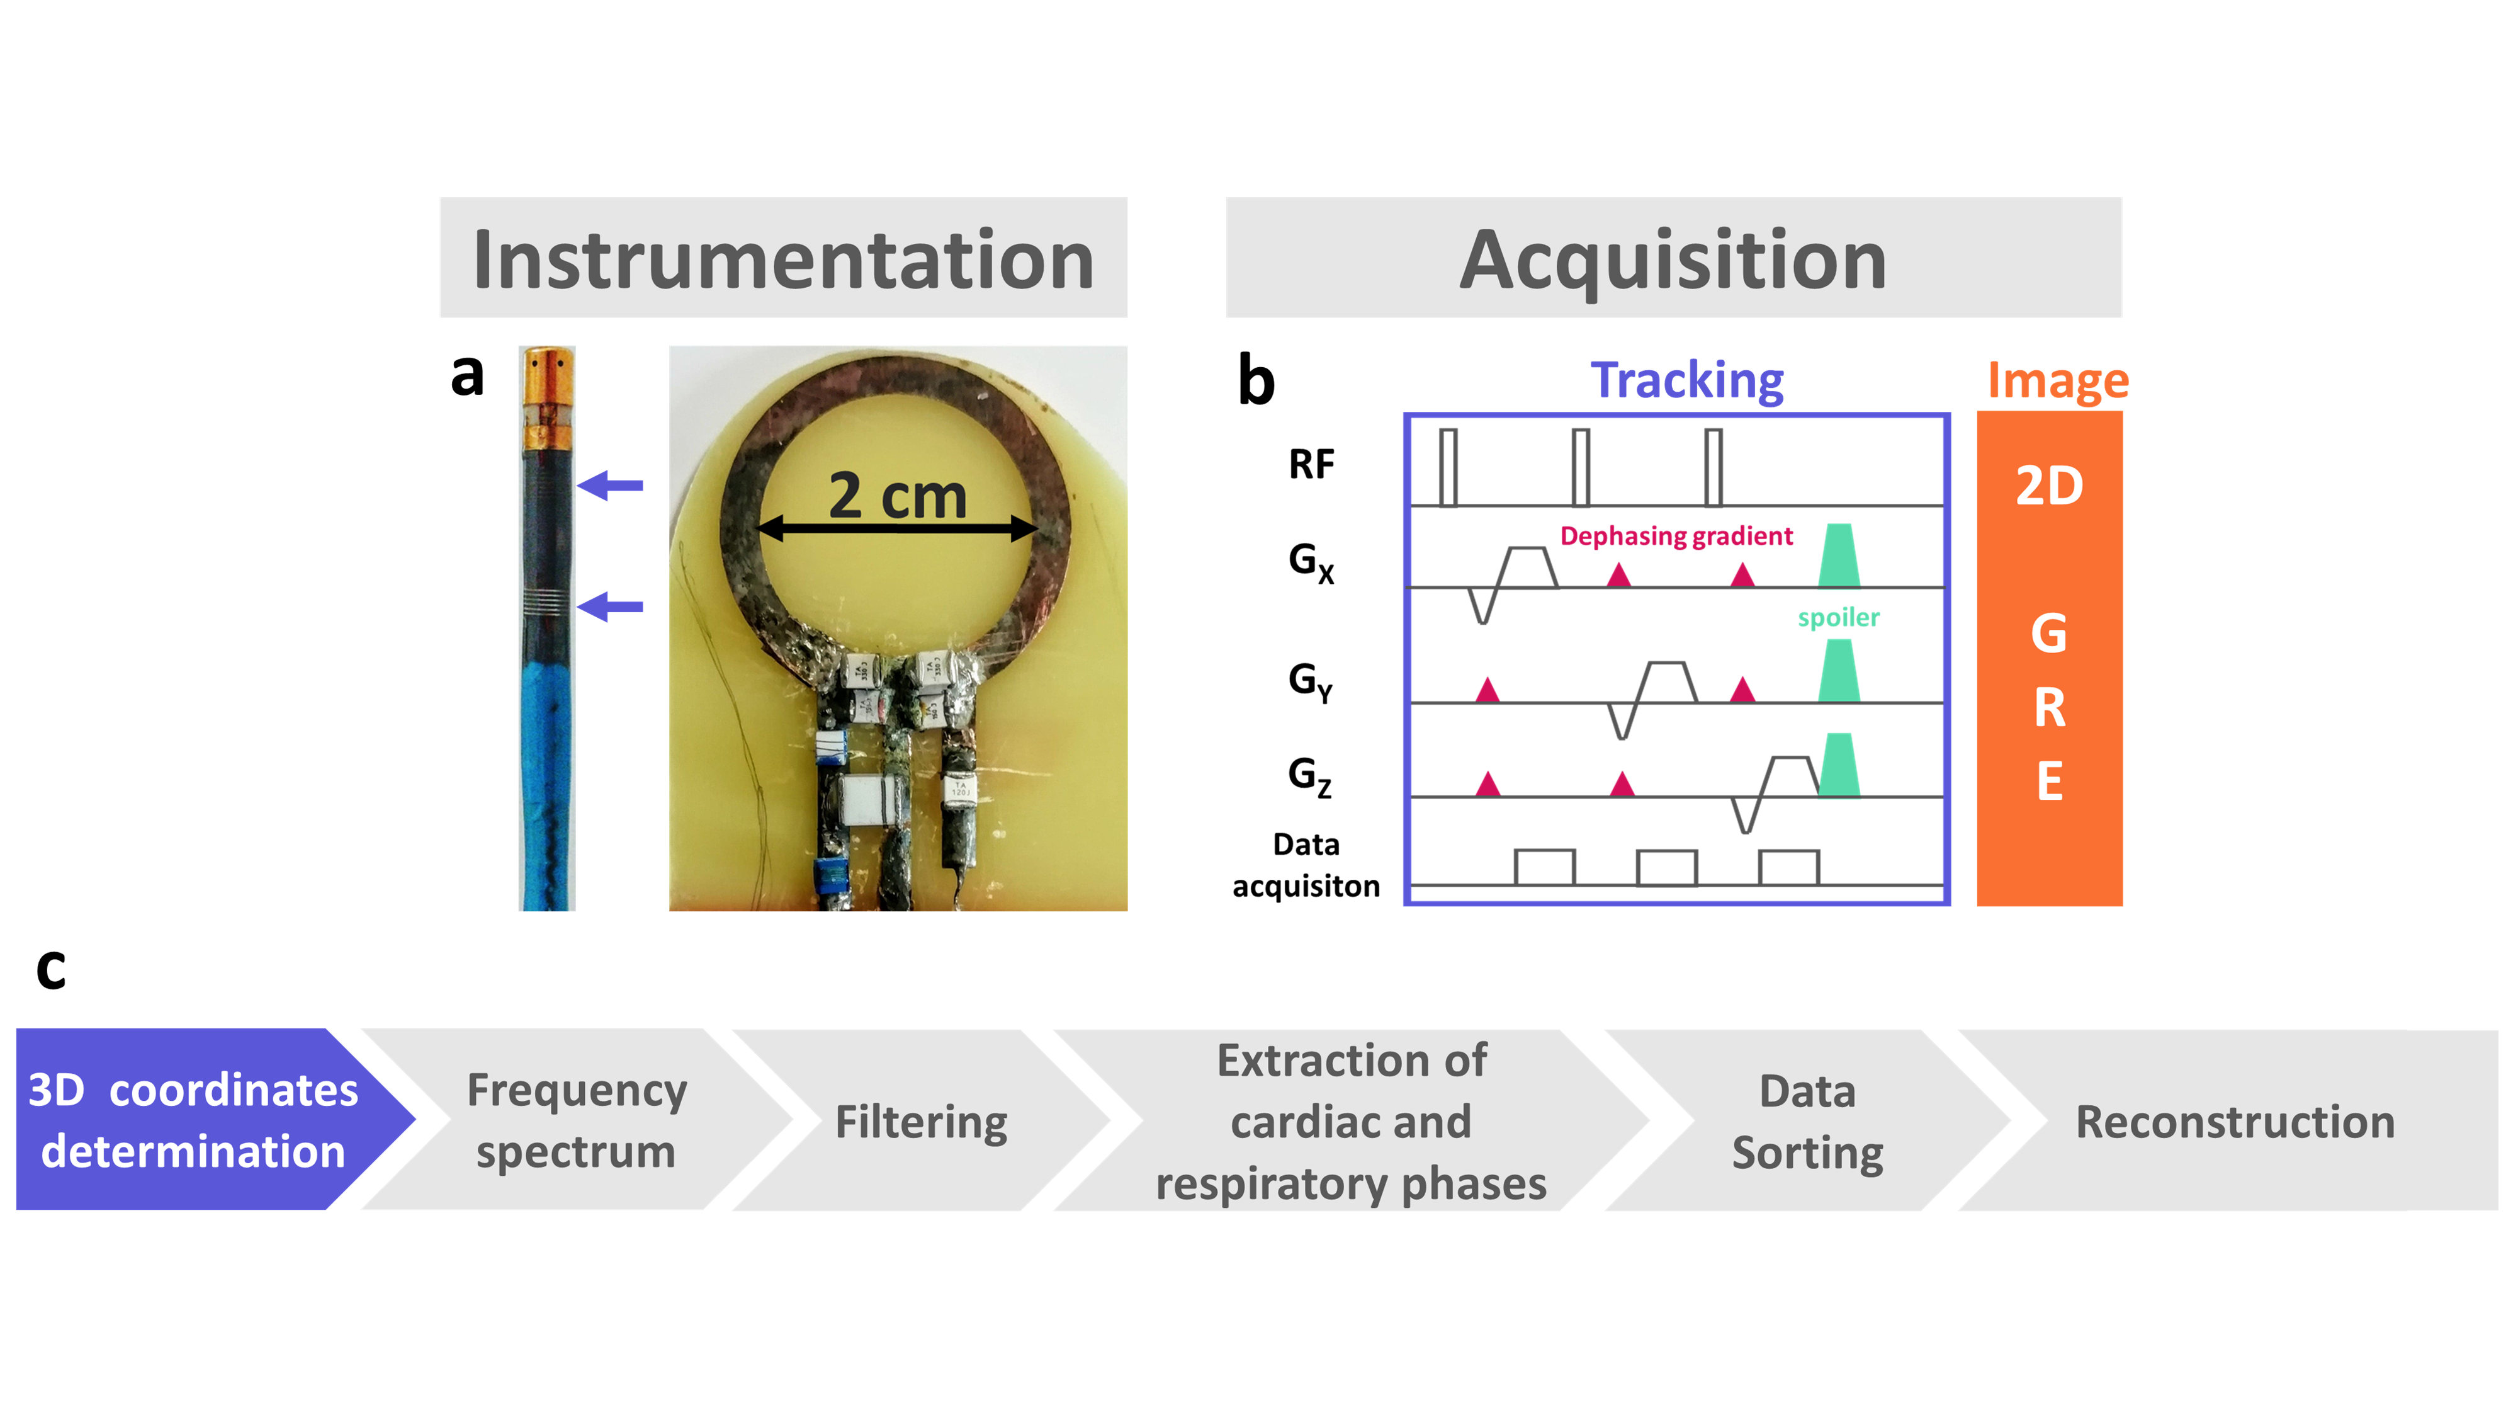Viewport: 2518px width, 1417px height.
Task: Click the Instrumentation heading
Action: tap(783, 259)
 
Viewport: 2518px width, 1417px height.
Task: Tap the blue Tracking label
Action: tap(1687, 380)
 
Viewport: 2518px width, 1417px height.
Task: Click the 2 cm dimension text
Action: tap(897, 496)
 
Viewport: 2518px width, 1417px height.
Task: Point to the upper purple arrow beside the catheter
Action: tap(610, 485)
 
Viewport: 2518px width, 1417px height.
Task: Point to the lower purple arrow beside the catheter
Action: tap(610, 607)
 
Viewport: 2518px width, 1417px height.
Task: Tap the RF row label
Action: tap(1311, 465)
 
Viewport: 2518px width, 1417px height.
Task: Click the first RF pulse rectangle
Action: tap(1448, 467)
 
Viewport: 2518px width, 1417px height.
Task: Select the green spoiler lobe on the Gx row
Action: tap(1839, 555)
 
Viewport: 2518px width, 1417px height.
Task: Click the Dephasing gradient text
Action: tap(1676, 537)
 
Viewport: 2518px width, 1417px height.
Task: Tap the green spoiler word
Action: tap(1839, 618)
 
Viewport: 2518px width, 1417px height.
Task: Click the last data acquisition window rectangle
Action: tap(1789, 867)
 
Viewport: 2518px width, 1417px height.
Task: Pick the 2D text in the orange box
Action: tap(2050, 486)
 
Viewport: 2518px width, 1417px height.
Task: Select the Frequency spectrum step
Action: tap(577, 1120)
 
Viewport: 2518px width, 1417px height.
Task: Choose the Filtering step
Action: tap(922, 1121)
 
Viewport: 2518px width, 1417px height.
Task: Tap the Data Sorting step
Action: tap(1807, 1121)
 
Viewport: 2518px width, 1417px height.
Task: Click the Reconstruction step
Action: tap(2235, 1121)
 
